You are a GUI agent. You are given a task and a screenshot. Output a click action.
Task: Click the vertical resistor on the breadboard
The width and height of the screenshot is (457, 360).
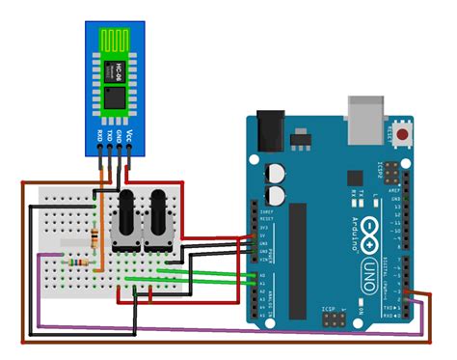coord(94,238)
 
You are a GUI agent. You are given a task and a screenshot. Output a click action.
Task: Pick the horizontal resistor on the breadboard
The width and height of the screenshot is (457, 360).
coord(78,262)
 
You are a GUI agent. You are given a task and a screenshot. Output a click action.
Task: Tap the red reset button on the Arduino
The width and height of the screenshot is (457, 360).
coord(398,132)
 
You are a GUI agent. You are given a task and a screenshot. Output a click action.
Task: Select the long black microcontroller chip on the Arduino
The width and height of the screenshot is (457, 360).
coord(298,245)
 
